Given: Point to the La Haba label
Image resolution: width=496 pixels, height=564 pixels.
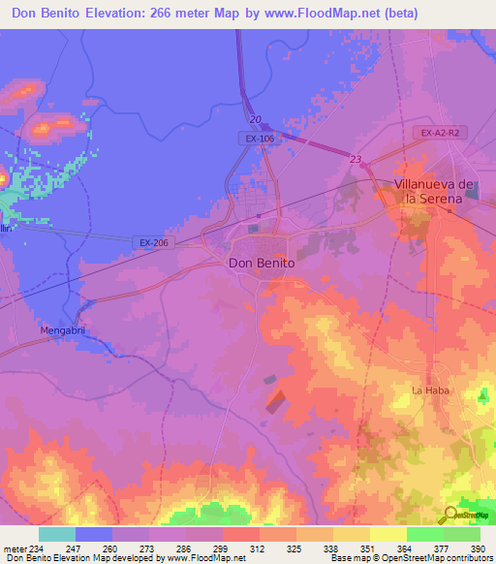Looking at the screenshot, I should pos(427,391).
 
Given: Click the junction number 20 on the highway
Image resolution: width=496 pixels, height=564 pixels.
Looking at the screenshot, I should pos(255,119).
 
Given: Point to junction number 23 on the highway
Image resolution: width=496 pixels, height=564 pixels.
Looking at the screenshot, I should pos(356,160).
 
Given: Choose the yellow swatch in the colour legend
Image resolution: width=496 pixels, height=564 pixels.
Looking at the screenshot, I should pos(387,534).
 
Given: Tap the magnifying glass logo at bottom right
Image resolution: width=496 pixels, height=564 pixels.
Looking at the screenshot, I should pos(449,515).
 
